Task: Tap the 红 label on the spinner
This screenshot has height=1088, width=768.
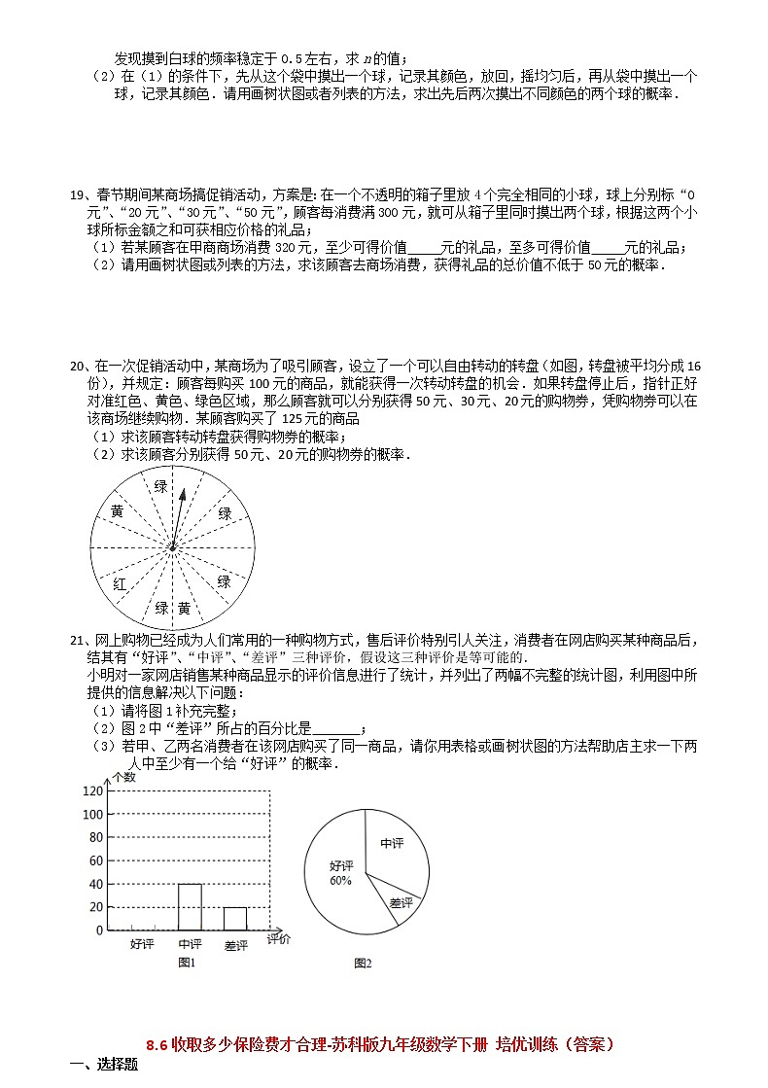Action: (x=120, y=584)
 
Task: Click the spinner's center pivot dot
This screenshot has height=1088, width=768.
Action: (x=172, y=548)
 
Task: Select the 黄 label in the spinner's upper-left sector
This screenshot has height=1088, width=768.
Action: (x=117, y=511)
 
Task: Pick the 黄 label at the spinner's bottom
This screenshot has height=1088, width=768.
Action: (x=184, y=608)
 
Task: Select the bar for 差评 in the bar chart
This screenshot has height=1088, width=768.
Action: (x=235, y=918)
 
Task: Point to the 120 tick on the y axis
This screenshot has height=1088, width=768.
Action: (x=92, y=791)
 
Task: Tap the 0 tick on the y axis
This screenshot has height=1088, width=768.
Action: (x=99, y=930)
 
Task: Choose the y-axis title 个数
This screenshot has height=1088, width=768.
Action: (x=123, y=776)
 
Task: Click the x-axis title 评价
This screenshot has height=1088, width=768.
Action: (x=278, y=939)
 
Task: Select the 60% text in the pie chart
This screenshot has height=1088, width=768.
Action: (x=340, y=881)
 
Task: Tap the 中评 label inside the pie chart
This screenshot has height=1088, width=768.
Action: (x=392, y=844)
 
